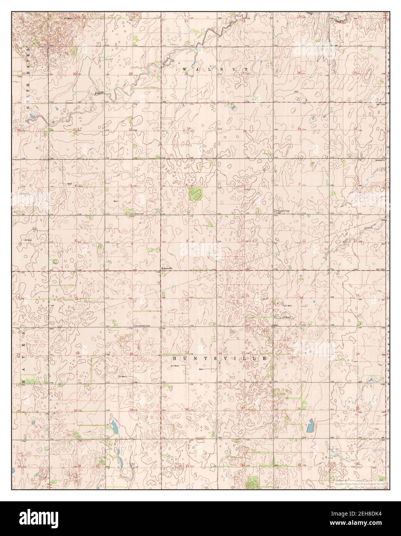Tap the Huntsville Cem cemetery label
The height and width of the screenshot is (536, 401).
pos(142,326)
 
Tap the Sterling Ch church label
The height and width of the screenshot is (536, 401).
pos(380,160)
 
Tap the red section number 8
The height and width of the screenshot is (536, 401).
pos(132,244)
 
